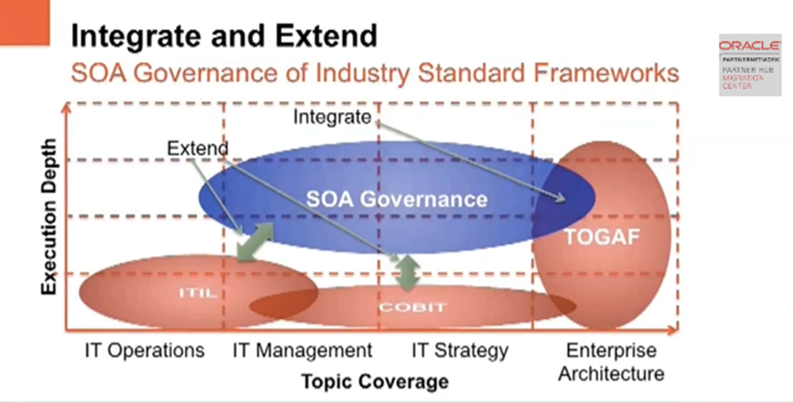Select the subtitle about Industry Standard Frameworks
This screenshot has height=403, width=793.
374,74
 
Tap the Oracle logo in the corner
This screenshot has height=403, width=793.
748,46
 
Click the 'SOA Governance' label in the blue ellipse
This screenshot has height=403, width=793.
397,198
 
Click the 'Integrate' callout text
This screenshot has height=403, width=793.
333,117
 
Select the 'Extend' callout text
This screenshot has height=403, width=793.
198,147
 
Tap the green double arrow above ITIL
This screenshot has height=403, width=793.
255,241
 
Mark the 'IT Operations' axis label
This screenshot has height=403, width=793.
144,351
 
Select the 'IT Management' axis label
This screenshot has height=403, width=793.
303,351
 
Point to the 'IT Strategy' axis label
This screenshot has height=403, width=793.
460,351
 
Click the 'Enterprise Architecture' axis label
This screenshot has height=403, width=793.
611,362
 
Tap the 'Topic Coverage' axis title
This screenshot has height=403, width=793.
374,381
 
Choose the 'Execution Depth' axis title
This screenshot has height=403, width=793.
49,217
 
